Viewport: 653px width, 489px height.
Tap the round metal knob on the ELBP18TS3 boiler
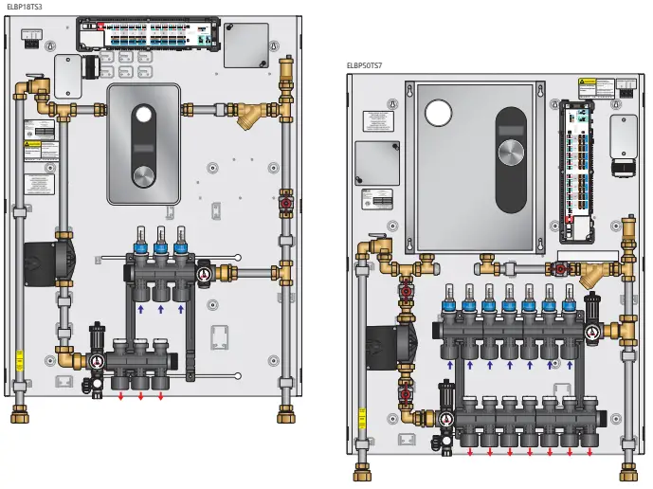pyautogui.click(x=143, y=176)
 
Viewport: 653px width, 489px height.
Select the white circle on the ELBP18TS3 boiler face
pyautogui.click(x=143, y=116)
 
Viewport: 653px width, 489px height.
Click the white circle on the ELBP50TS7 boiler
pyautogui.click(x=438, y=113)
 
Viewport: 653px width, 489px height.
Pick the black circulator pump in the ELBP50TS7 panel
pyautogui.click(x=384, y=347)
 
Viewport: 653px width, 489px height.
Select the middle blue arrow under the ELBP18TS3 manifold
pyautogui.click(x=160, y=308)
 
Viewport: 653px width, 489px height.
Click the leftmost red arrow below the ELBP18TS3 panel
pyautogui.click(x=120, y=396)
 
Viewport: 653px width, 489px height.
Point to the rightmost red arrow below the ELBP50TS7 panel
pyautogui.click(x=590, y=452)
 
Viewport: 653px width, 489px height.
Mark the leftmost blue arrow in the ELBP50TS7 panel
pyautogui.click(x=449, y=365)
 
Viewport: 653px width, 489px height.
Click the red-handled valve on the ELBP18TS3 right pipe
pyautogui.click(x=285, y=203)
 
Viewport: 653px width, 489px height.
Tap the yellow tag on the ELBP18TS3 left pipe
pyautogui.click(x=20, y=360)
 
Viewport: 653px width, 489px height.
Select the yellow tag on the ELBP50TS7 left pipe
pyautogui.click(x=361, y=418)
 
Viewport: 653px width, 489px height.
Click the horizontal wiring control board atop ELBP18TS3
pyautogui.click(x=149, y=35)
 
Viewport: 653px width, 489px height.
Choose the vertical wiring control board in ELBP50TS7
pyautogui.click(x=577, y=161)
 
